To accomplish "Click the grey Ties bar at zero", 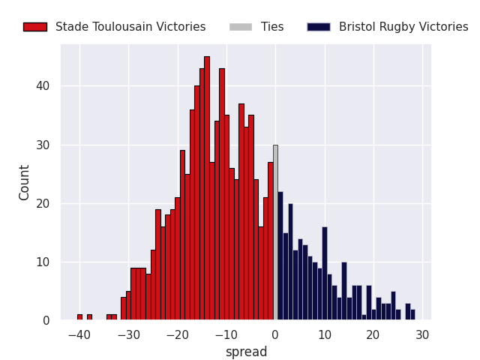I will (x=275, y=232).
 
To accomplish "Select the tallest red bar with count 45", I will (x=207, y=188).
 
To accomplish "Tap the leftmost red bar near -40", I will (x=79, y=317).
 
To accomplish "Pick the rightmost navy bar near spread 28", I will (x=412, y=315).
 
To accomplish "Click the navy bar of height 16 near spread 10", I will (x=325, y=274).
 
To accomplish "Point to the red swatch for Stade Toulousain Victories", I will (x=34, y=27).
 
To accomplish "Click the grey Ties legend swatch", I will (x=241, y=27).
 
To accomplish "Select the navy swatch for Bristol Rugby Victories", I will (x=318, y=27).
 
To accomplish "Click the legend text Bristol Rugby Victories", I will (x=403, y=27).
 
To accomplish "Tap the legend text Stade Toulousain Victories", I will (x=130, y=27).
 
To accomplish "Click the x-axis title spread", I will (x=246, y=352).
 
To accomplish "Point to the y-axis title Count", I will (x=25, y=182).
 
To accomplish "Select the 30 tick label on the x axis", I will (x=422, y=334).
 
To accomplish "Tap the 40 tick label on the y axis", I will (x=43, y=86).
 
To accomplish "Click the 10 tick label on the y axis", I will (x=43, y=262).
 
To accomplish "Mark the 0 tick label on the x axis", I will (x=275, y=334).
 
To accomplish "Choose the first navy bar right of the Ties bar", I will (x=280, y=256).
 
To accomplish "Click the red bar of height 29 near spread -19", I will (x=182, y=235).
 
